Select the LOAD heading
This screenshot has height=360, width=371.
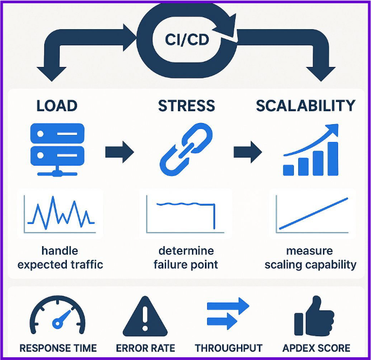(x=57, y=106)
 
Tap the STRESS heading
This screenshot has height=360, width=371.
(x=187, y=106)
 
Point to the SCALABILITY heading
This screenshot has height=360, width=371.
(x=306, y=106)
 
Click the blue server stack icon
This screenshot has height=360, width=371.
(x=57, y=145)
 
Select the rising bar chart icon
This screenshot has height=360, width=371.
(x=312, y=151)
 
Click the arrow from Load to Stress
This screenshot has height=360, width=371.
(x=119, y=152)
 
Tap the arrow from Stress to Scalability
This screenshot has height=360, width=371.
(x=248, y=152)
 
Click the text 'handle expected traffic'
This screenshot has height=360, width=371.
(x=60, y=258)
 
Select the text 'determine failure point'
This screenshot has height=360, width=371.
(x=186, y=258)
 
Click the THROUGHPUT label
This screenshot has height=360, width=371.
(x=229, y=348)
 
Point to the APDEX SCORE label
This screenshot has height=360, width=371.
(x=315, y=348)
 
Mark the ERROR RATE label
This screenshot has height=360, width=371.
(x=146, y=348)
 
